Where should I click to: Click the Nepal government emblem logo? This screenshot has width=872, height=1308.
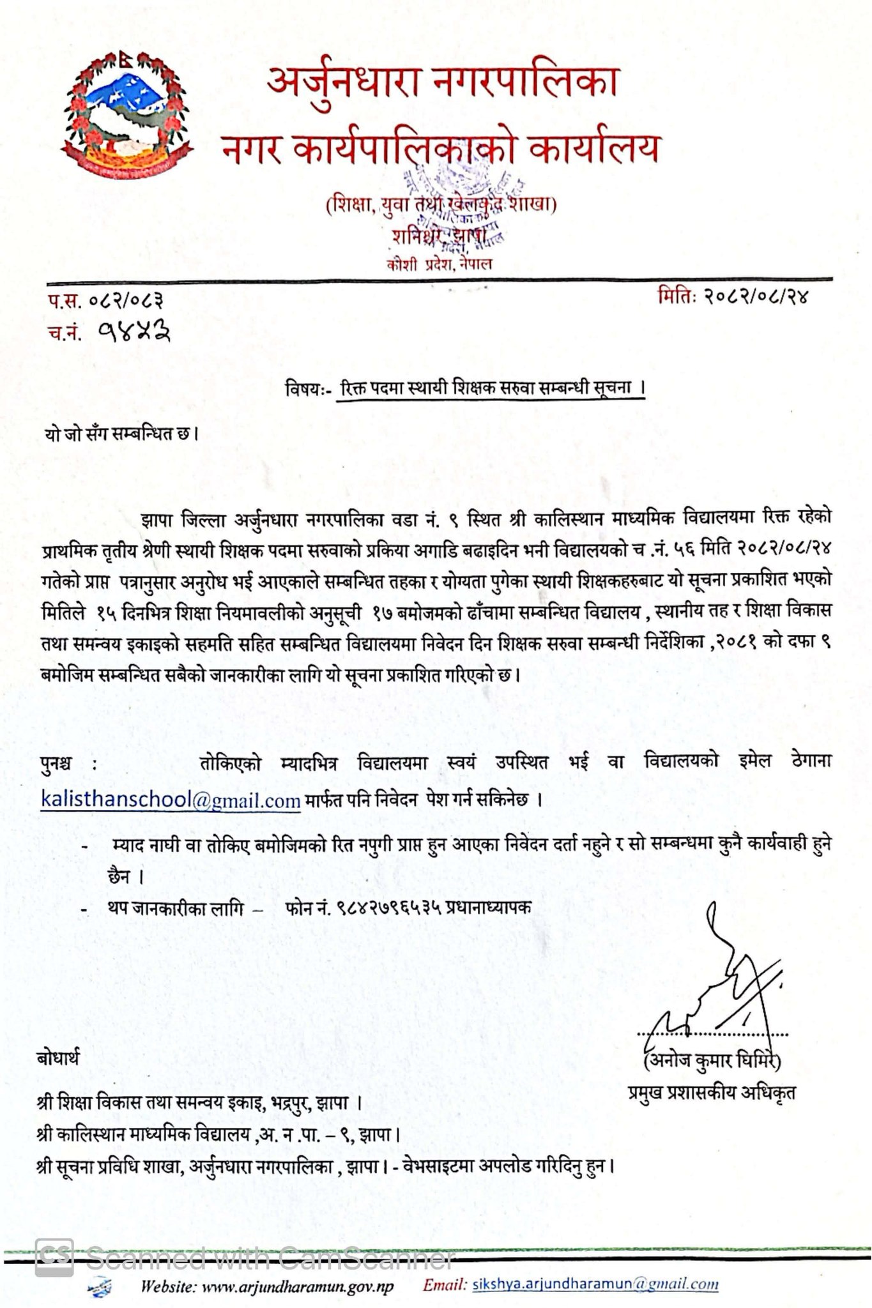(x=128, y=116)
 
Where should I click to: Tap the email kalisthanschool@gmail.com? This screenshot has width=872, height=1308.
(x=170, y=800)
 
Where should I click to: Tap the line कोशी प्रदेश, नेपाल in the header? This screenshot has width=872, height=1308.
(x=440, y=264)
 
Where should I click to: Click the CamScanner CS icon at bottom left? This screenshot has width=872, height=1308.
(x=54, y=1258)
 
